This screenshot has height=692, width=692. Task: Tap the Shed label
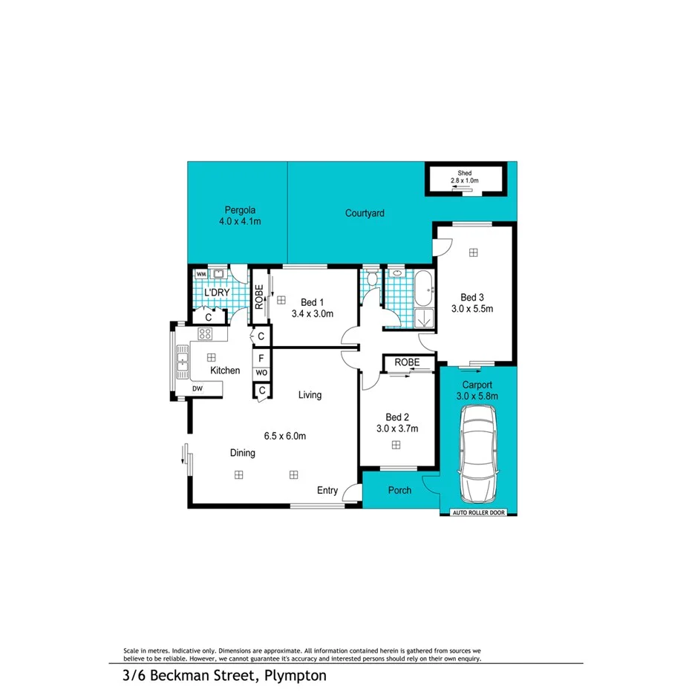465,173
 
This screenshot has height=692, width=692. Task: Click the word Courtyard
365,214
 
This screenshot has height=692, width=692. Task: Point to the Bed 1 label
313,302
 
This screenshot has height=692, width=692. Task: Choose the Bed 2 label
396,417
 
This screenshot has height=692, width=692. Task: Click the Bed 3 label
473,297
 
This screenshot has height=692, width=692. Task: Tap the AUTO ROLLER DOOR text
477,513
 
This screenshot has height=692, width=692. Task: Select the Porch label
399,491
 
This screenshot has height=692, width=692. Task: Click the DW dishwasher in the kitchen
197,388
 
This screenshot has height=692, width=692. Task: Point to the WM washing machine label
200,274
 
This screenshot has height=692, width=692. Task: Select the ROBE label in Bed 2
408,363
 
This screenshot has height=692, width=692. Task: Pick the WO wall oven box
261,373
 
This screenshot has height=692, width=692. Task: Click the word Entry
327,491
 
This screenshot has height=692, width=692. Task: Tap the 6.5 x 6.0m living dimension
285,436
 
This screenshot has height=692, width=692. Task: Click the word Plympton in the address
294,676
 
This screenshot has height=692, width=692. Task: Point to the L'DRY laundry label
217,293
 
